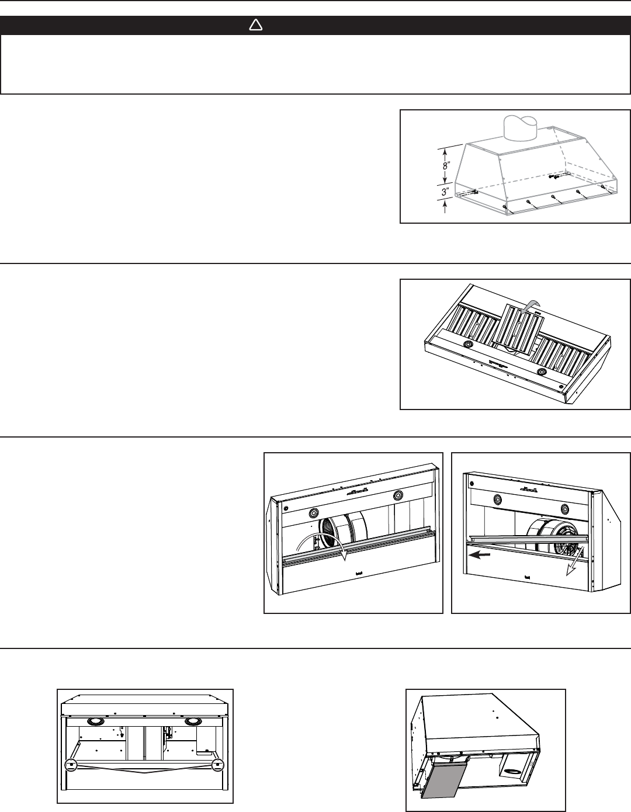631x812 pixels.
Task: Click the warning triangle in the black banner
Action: (256, 25)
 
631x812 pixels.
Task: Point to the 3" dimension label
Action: (445, 192)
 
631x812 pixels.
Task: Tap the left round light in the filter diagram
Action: (468, 344)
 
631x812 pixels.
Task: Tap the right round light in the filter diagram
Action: (542, 372)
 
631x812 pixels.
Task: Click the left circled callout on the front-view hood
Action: (71, 765)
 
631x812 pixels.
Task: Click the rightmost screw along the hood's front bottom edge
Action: (602, 186)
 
